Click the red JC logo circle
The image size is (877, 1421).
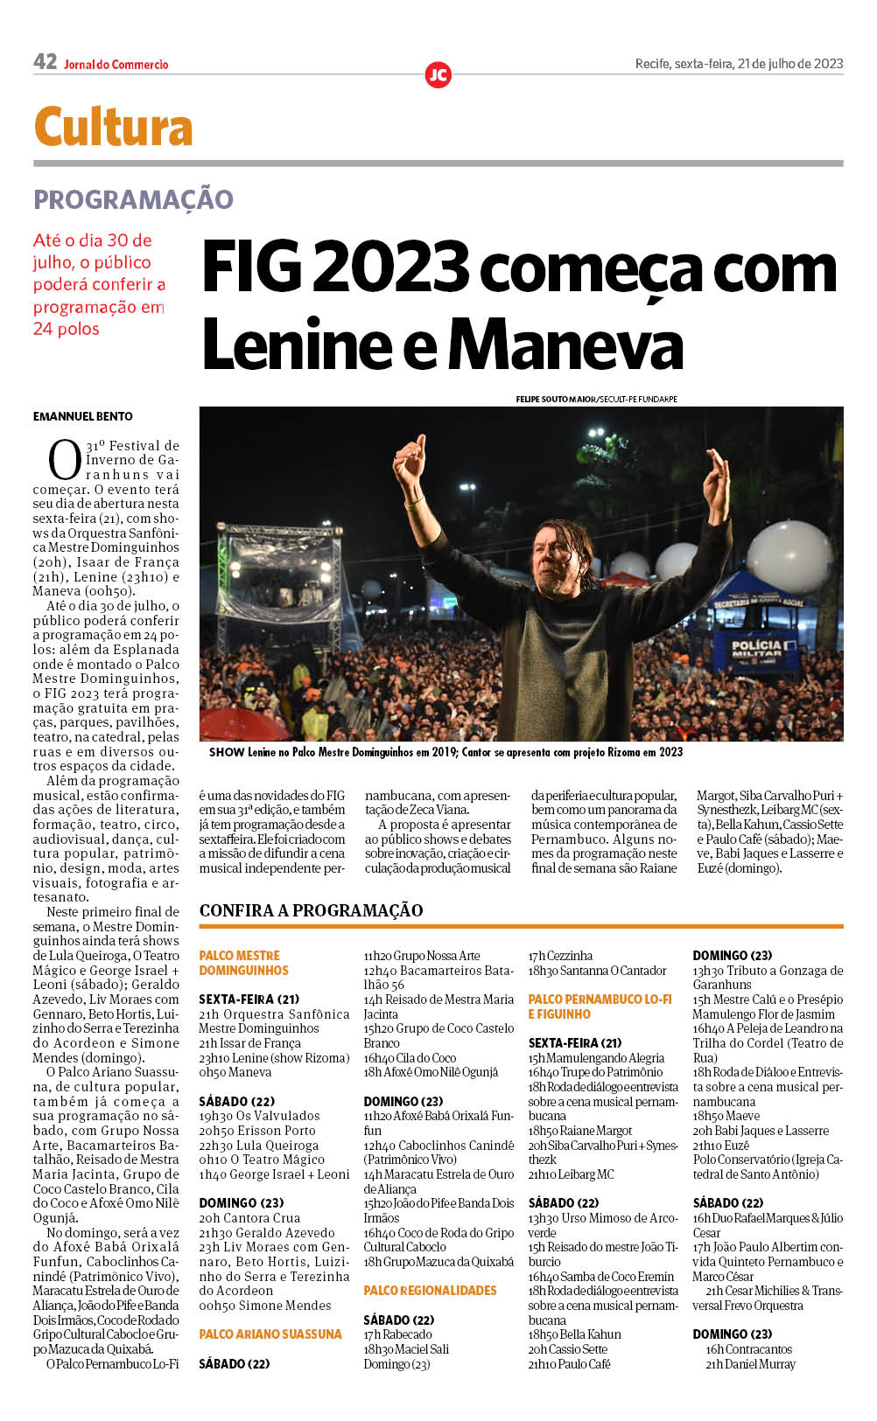[438, 75]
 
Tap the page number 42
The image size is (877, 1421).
[45, 62]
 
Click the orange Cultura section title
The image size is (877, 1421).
[113, 128]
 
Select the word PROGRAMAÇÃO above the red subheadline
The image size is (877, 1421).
[133, 199]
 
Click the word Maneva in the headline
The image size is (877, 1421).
[565, 345]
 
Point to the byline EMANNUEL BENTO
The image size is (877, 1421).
[83, 416]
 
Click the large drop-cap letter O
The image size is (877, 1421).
[64, 460]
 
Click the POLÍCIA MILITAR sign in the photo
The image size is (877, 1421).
[757, 649]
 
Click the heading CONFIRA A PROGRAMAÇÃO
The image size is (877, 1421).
[311, 910]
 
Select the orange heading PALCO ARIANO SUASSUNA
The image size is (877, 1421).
[270, 1334]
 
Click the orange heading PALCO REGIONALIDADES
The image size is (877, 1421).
[430, 1291]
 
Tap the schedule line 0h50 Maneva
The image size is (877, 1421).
[235, 1072]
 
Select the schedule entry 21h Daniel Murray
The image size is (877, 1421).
[750, 1364]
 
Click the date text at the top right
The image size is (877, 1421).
[739, 64]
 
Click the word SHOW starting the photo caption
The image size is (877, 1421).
[227, 752]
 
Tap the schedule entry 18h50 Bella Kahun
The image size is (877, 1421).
[574, 1334]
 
